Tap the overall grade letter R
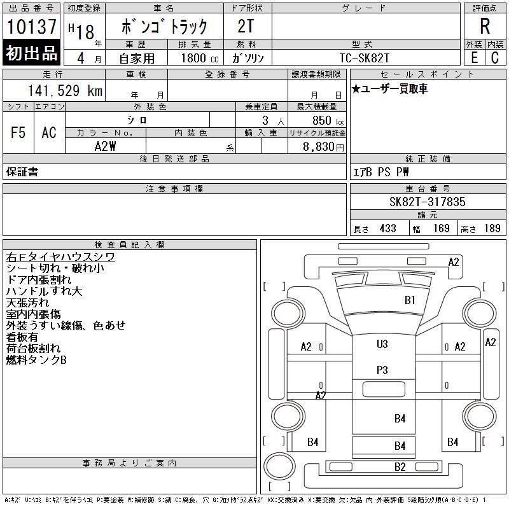point(485,26)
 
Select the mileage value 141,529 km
point(66,91)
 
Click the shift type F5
point(18,132)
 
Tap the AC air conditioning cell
point(49,132)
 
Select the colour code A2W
point(105,146)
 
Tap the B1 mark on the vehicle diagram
point(410,300)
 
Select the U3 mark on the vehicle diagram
point(382,344)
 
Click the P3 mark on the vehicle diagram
point(382,370)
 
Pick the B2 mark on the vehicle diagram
point(400,467)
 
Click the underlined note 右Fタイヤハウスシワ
point(60,256)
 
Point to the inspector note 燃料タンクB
point(36,359)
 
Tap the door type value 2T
point(248,26)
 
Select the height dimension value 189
point(492,228)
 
